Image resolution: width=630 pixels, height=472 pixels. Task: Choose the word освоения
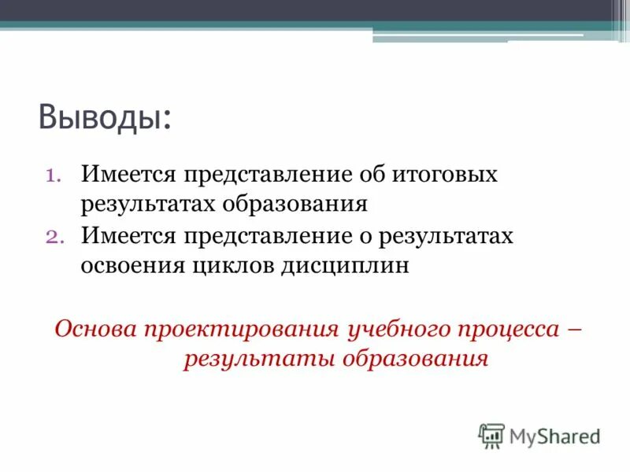[131, 265]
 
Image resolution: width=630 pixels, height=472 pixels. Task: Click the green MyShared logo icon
[491, 435]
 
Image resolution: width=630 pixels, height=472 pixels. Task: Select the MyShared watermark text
[554, 435]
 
